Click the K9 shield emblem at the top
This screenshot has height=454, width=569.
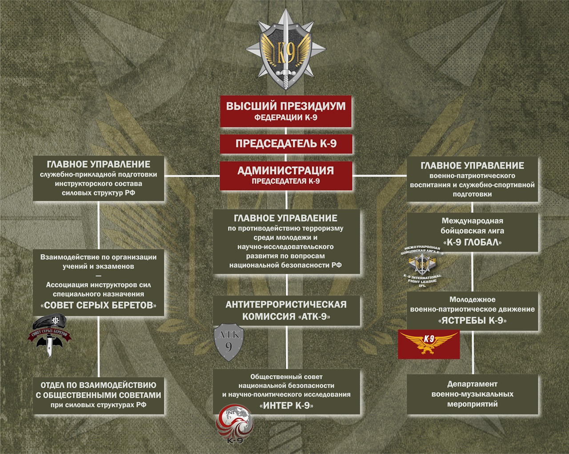pyautogui.click(x=286, y=52)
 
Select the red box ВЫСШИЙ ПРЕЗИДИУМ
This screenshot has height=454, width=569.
pyautogui.click(x=286, y=111)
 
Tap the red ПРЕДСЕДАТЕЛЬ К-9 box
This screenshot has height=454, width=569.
pyautogui.click(x=286, y=144)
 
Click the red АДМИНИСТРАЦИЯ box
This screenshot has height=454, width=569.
pyautogui.click(x=286, y=175)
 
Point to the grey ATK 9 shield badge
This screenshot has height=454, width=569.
pyautogui.click(x=228, y=342)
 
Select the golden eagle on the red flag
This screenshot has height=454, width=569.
pyautogui.click(x=429, y=344)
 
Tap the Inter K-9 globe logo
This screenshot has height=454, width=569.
pyautogui.click(x=235, y=423)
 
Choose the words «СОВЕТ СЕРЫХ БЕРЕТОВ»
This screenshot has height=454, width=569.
pyautogui.click(x=99, y=305)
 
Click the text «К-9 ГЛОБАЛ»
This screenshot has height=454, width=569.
pyautogui.click(x=472, y=243)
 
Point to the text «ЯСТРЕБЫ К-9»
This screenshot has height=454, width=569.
pyautogui.click(x=472, y=320)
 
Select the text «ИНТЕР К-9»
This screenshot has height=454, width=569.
pyautogui.click(x=286, y=405)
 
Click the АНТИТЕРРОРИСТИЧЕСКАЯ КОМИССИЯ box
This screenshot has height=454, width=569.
pyautogui.click(x=286, y=310)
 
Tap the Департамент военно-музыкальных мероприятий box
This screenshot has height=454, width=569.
pyautogui.click(x=472, y=394)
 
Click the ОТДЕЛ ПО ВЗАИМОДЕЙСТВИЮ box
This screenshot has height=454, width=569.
pyautogui.click(x=98, y=395)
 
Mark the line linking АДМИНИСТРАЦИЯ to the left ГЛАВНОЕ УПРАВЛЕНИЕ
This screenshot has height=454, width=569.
pyautogui.click(x=192, y=176)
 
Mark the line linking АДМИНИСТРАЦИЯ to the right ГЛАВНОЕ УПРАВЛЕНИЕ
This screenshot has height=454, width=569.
pyautogui.click(x=380, y=176)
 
